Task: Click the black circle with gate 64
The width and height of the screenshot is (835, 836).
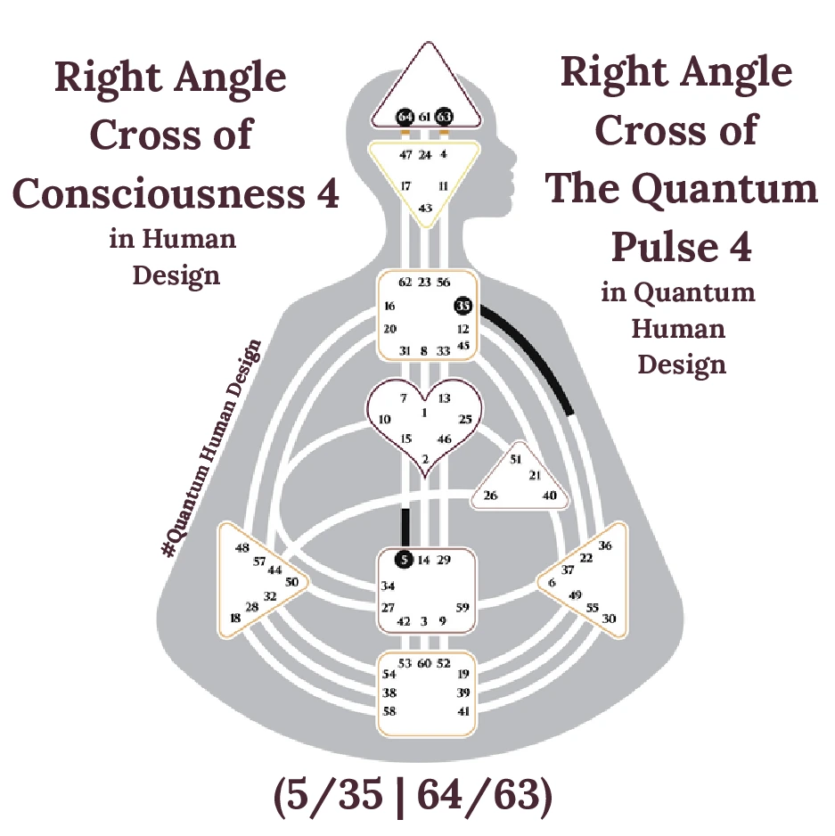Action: point(405,117)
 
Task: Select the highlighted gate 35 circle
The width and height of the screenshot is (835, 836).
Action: point(463,306)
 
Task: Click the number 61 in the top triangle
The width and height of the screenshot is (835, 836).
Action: point(425,118)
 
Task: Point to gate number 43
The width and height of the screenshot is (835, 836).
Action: point(426,208)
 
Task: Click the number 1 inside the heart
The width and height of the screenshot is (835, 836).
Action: point(424,413)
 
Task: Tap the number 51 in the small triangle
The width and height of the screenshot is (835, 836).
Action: point(515,459)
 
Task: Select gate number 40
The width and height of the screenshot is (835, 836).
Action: point(550,496)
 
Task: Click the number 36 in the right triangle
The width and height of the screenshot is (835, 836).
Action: point(605,545)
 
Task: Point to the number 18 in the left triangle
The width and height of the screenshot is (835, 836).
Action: point(235,618)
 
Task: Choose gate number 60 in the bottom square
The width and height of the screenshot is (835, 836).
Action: point(424,663)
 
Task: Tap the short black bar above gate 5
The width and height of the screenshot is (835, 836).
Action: point(405,527)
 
